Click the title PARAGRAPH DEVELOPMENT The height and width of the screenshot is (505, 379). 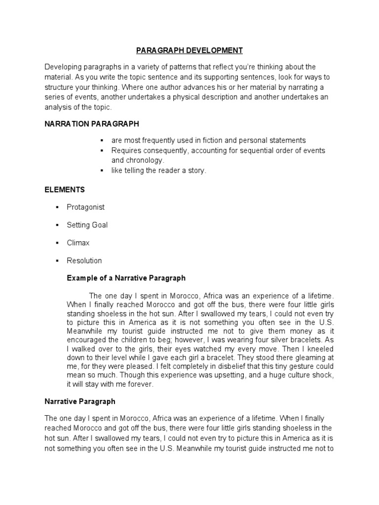pyautogui.click(x=189, y=50)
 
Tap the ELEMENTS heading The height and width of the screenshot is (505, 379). pyautogui.click(x=65, y=189)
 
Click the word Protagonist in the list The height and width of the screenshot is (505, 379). pyautogui.click(x=86, y=207)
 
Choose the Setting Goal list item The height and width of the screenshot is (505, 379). pyautogui.click(x=87, y=225)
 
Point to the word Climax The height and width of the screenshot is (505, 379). pyautogui.click(x=78, y=243)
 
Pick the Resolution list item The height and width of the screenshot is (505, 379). pyautogui.click(x=84, y=260)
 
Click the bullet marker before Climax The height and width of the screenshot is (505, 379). pyautogui.click(x=57, y=243)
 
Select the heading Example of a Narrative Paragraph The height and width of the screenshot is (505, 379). pyautogui.click(x=126, y=278)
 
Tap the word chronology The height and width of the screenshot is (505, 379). pyautogui.click(x=146, y=160)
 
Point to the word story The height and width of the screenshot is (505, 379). pyautogui.click(x=196, y=171)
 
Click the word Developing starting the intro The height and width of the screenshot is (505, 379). pyautogui.click(x=62, y=67)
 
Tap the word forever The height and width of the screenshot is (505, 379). pyautogui.click(x=141, y=385)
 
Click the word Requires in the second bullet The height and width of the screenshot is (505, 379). pyautogui.click(x=126, y=150)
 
